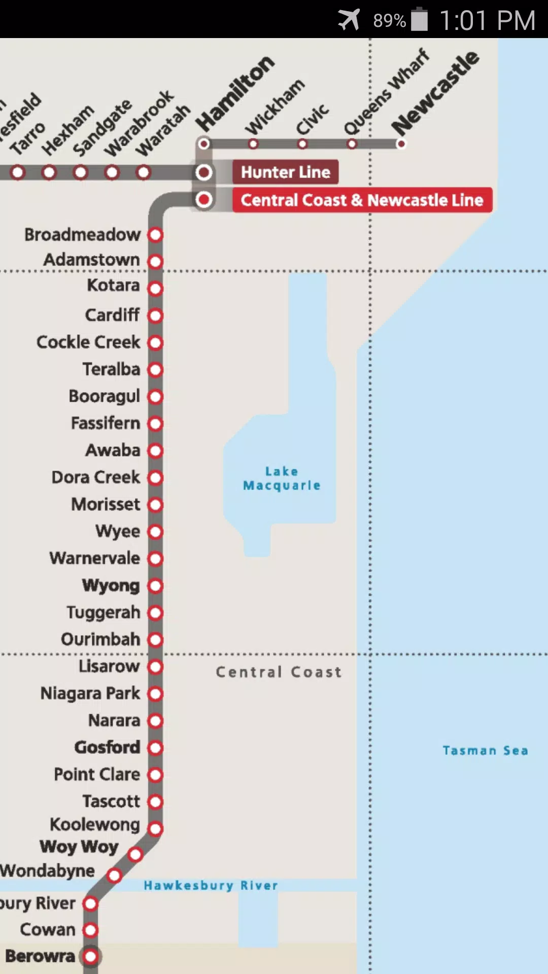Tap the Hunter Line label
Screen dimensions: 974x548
285,172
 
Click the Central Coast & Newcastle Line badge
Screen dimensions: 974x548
362,200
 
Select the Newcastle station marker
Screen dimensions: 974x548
401,144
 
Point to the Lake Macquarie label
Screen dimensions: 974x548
282,478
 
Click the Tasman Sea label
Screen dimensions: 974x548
485,750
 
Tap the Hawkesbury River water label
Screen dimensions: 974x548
211,885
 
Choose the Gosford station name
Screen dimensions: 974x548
108,747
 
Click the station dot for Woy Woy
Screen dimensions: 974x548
135,855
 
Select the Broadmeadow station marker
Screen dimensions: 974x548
156,235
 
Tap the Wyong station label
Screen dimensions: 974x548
111,585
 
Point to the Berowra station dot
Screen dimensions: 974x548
91,957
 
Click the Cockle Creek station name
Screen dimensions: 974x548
88,342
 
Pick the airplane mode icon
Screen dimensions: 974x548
349,20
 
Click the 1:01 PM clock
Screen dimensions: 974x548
487,20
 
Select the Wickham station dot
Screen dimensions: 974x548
253,144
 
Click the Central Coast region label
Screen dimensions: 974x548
279,672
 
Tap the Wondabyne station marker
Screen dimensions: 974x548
115,875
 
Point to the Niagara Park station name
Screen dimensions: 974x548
90,693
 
